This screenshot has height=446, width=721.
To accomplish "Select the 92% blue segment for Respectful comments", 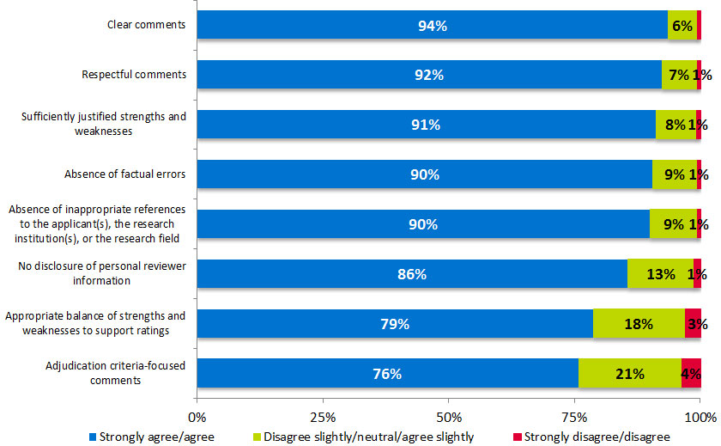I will [x=429, y=75].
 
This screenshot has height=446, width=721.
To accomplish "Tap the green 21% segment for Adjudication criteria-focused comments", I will [x=629, y=374].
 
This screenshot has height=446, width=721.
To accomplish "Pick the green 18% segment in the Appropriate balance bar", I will [x=639, y=324].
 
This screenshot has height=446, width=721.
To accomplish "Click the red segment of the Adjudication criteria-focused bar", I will [x=691, y=374].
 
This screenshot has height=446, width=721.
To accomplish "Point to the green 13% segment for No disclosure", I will [x=659, y=274].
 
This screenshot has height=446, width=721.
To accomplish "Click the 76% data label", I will [x=386, y=374].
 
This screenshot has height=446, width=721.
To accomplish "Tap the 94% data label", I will [x=432, y=26].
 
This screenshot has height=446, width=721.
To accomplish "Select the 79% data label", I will [x=395, y=324].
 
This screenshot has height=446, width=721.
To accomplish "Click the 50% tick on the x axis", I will [x=449, y=417].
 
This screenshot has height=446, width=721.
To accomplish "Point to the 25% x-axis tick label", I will [x=323, y=417].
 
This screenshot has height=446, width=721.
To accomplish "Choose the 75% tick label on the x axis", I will [x=575, y=417].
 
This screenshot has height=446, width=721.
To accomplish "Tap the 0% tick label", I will [x=197, y=417].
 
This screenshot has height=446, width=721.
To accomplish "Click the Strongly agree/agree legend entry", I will [x=149, y=437].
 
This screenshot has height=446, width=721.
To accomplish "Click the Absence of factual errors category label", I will [x=125, y=174].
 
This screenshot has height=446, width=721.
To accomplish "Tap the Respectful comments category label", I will [x=133, y=75].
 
